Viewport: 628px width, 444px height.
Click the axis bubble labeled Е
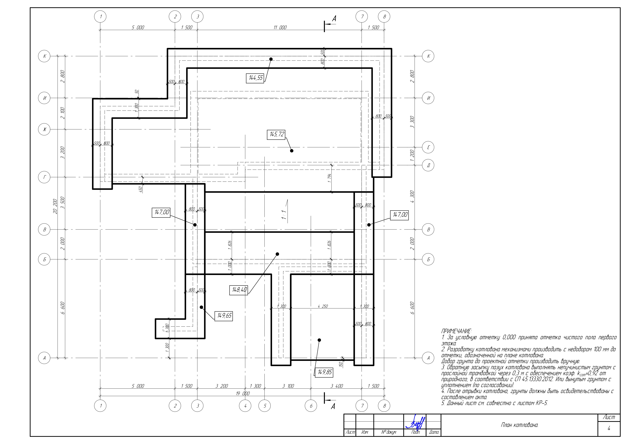pyautogui.click(x=428, y=147)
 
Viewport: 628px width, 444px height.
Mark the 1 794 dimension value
pyautogui.click(x=329, y=178)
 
